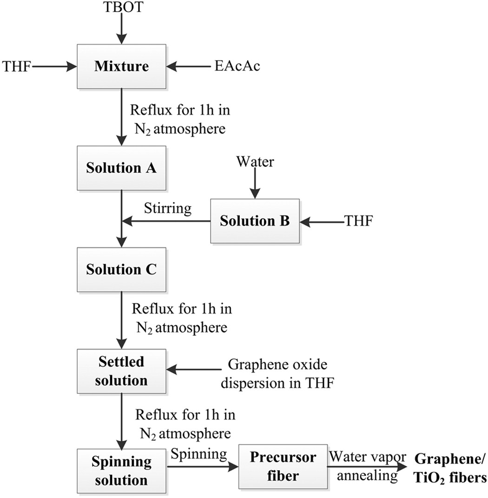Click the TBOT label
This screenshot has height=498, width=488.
click(121, 7)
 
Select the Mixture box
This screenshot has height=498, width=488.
click(121, 67)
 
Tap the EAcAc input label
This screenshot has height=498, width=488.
click(237, 67)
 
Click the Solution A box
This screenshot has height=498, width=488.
click(121, 168)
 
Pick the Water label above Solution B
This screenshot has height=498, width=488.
click(255, 162)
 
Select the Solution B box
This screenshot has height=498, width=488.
click(255, 221)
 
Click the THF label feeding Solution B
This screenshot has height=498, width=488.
click(359, 221)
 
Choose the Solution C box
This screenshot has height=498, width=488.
click(121, 269)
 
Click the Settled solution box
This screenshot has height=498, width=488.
click(121, 371)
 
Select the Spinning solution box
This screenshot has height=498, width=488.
click(121, 471)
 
